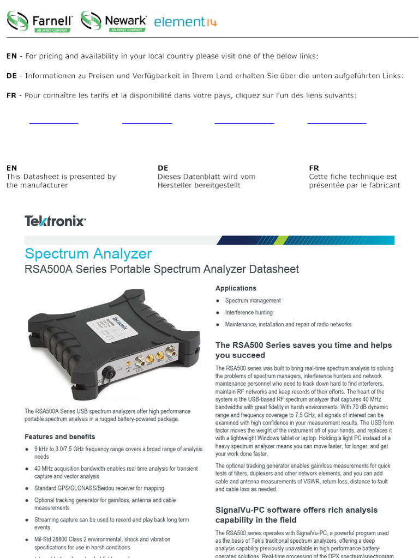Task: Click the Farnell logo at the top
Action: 40,21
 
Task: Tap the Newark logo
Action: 114,21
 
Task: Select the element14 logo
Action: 185,22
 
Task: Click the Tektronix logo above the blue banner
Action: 55,221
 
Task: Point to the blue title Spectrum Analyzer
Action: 88,253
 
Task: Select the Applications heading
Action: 236,288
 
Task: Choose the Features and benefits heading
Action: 60,436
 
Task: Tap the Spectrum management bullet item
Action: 253,300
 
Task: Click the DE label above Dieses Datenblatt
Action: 163,168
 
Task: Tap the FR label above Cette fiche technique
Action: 314,168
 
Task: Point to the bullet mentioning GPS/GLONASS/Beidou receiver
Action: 99,488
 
